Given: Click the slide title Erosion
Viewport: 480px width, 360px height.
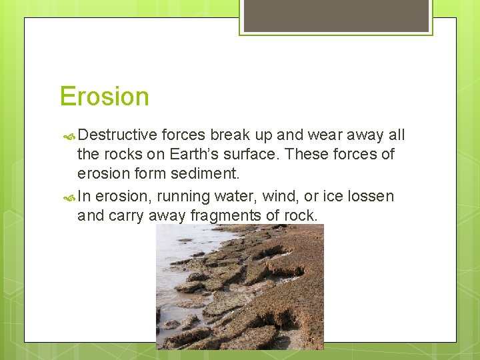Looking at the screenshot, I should point(104,97).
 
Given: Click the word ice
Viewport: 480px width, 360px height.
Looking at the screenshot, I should point(331,197).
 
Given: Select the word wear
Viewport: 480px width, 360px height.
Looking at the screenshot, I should point(317,135).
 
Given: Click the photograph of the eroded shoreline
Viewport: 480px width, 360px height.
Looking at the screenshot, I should point(240,287).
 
